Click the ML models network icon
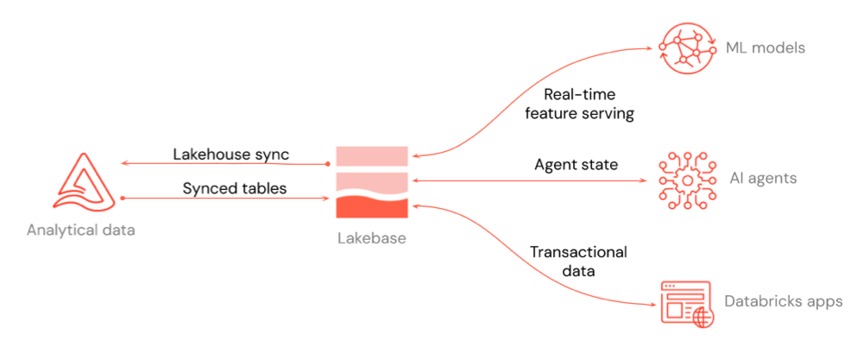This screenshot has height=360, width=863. coord(689,47)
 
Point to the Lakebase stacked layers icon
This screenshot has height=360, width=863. coord(371,181)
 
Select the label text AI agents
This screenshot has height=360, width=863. coord(763,180)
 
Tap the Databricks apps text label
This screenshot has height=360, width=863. coord(784,302)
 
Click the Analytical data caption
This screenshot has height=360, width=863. coord(81,230)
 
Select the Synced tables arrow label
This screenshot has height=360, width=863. coord(230,187)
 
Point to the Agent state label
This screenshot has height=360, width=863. coord(576,164)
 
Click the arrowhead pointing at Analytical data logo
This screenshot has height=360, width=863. coord(125,163)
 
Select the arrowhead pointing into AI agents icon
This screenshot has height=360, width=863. coord(646,180)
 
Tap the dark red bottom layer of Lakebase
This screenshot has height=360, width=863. coord(371,207)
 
